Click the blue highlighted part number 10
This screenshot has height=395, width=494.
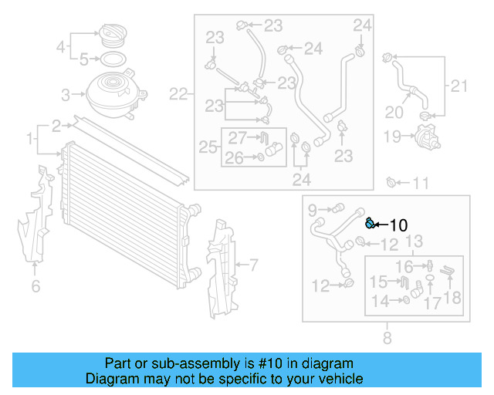(370, 224)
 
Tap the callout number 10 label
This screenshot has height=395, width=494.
(398, 225)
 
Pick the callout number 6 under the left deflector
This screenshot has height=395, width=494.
(36, 287)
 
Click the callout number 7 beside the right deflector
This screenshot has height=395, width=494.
(252, 265)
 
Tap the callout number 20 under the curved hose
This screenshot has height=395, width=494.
(394, 112)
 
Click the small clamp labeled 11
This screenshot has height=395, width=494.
(391, 183)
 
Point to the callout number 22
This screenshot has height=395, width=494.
(178, 95)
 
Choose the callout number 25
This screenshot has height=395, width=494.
(207, 147)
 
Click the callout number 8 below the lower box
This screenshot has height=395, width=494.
(387, 337)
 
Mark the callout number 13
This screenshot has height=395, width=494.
(414, 242)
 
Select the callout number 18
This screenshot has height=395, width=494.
(452, 299)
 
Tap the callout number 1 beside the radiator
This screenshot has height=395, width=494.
(29, 140)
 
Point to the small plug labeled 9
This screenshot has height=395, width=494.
(337, 208)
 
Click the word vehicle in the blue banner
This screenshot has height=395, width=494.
(340, 379)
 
